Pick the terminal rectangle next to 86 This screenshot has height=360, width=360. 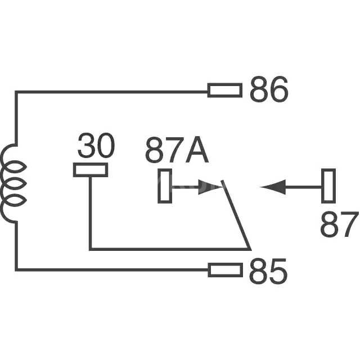pos(225,90)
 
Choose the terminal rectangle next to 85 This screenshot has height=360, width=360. pos(225,271)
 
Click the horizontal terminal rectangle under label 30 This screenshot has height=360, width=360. pos(91,170)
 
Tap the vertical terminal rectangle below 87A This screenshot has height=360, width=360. pos(165,186)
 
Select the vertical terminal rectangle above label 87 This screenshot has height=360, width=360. pos(328,186)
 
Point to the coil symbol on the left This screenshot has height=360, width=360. pos(13,183)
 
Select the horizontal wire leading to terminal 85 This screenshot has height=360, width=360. pos(112,270)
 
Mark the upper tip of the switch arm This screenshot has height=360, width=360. pos(223,181)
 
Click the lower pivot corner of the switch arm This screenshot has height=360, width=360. pos(249,248)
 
